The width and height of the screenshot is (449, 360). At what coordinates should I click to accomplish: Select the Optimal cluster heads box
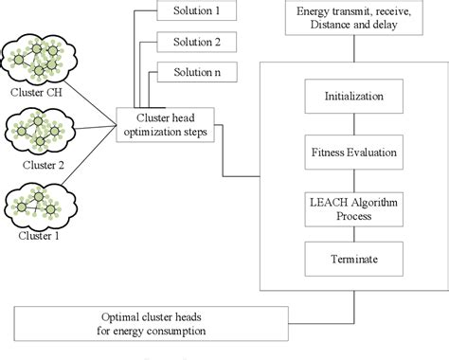click(151, 324)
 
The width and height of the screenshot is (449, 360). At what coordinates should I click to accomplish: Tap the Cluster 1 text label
click(39, 236)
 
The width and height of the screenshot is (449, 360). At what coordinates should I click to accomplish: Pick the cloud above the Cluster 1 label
click(40, 205)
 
